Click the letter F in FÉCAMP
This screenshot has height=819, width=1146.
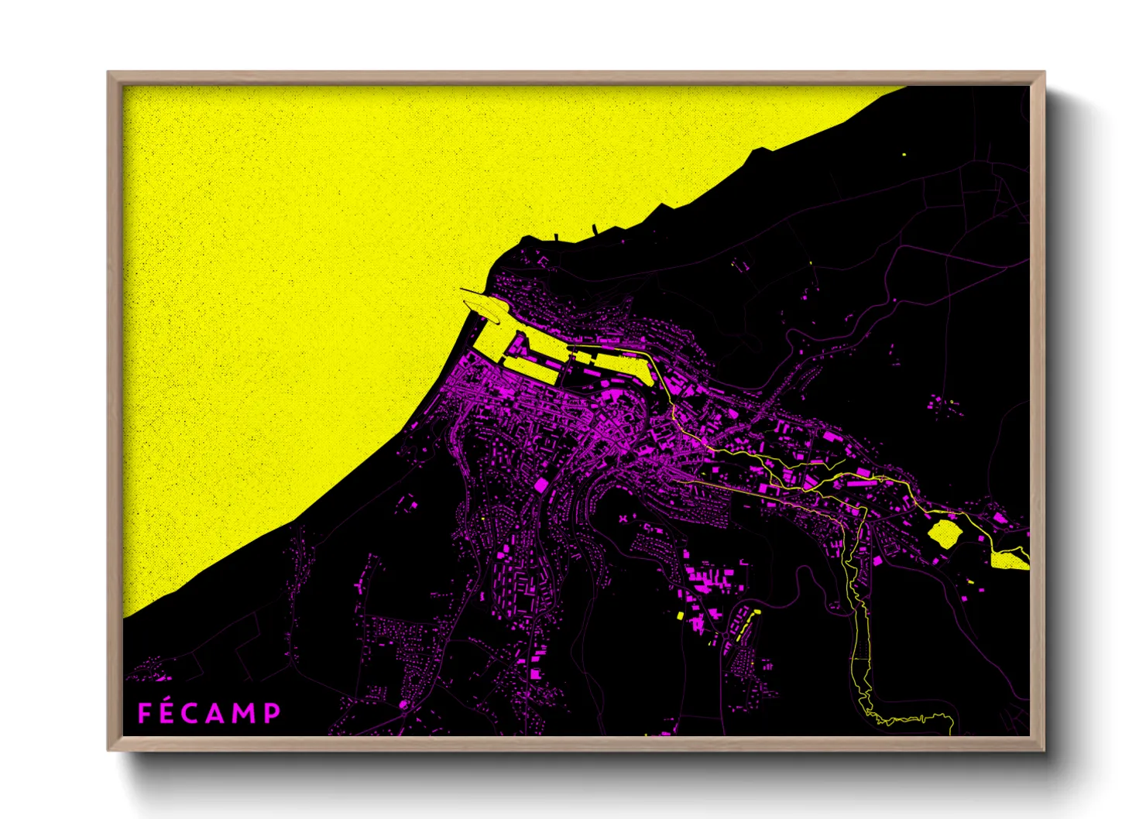point(145,713)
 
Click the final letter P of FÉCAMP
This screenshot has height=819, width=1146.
point(272,713)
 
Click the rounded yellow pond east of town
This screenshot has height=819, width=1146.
point(944,533)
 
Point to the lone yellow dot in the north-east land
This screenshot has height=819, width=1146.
point(904,155)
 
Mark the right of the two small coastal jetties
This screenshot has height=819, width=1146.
point(594,228)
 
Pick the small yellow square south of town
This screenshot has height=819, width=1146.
point(680,616)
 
